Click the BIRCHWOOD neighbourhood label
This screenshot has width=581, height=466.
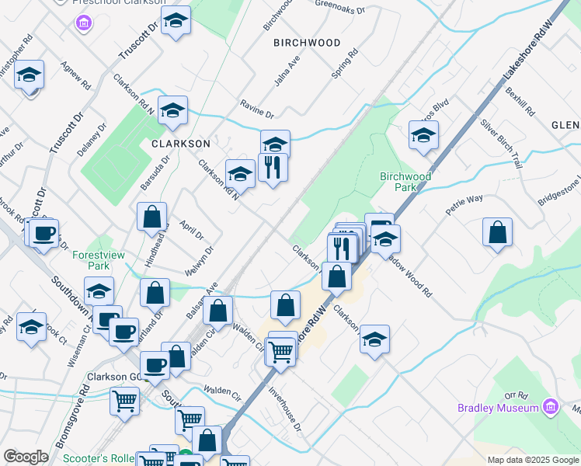click(307, 43)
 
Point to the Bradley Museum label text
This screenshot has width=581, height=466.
click(498, 408)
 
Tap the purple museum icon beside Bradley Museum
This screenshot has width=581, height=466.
click(551, 406)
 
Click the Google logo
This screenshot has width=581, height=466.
click(26, 457)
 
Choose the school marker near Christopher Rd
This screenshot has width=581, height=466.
click(29, 75)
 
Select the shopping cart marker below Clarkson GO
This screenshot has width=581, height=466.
click(124, 401)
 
